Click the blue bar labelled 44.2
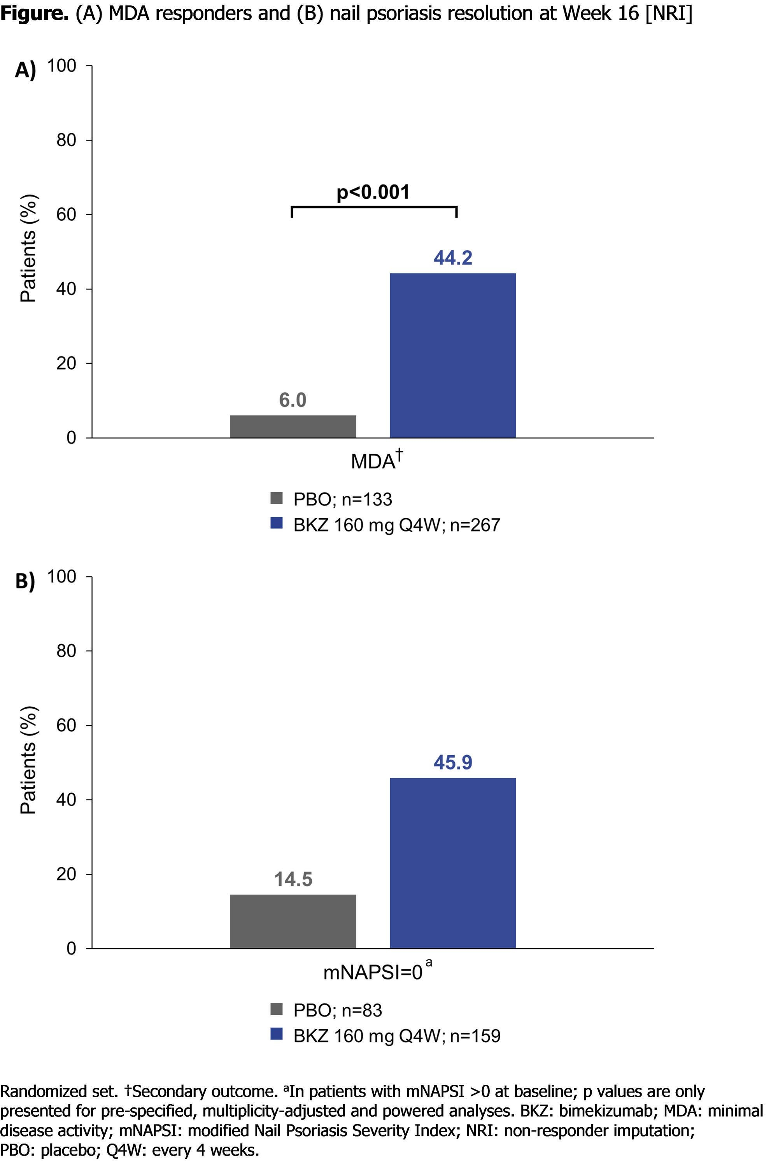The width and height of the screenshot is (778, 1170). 452,355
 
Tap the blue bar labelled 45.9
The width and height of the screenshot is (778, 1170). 452,863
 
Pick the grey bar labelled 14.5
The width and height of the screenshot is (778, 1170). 293,921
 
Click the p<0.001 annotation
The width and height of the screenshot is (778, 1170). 373,193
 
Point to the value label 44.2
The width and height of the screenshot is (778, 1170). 452,258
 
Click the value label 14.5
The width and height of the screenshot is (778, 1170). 293,879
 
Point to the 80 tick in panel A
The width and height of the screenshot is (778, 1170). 66,140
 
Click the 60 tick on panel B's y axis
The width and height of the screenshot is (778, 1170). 66,725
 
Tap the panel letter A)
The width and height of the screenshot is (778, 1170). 25,70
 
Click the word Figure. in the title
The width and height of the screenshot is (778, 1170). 34,13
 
